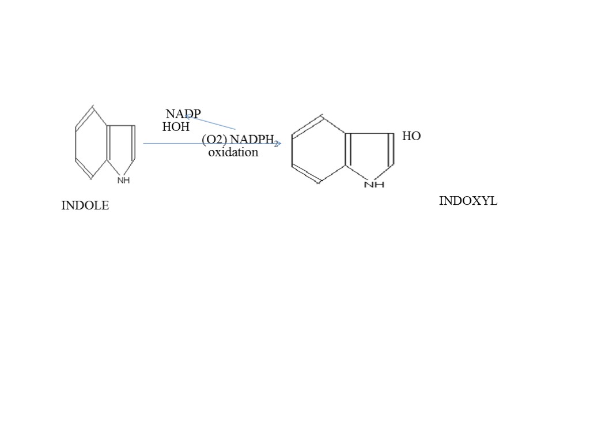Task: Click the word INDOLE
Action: [x=85, y=205]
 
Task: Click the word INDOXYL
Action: [x=468, y=201]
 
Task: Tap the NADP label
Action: [x=183, y=114]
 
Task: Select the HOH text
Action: [x=176, y=127]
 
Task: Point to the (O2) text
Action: [x=214, y=140]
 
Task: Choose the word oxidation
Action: [x=233, y=153]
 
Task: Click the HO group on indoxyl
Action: [x=411, y=136]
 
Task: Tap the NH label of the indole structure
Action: [x=123, y=181]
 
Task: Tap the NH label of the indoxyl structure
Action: [x=374, y=185]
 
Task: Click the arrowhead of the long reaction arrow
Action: [x=278, y=144]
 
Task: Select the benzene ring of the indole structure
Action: [x=91, y=142]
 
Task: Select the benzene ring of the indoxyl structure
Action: [x=319, y=150]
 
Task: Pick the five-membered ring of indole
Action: [x=121, y=147]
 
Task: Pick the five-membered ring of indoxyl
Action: [x=370, y=153]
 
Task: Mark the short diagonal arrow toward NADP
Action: [x=211, y=123]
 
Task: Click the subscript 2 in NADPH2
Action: [x=276, y=144]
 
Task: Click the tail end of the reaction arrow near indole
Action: [x=144, y=143]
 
